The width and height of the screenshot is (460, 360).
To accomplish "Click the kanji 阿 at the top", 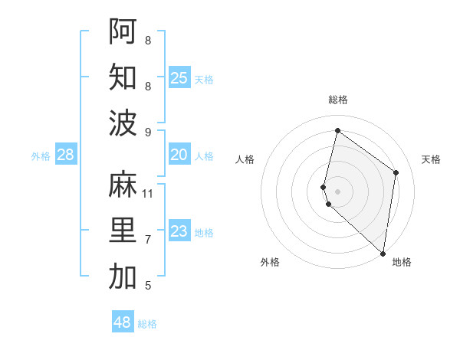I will (123, 30).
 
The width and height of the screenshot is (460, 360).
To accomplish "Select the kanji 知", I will (123, 77).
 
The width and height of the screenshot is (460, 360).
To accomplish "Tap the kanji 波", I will (123, 123).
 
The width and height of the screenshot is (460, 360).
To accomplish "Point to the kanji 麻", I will (123, 184).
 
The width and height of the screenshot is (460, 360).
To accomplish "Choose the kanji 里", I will (123, 231).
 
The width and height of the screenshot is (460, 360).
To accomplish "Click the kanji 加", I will (123, 277).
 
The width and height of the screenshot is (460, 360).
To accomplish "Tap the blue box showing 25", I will (179, 77).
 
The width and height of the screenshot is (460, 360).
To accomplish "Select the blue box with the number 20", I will (179, 155).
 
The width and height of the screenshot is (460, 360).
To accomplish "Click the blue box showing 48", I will (123, 322).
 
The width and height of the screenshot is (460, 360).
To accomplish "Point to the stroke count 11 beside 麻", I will (148, 193).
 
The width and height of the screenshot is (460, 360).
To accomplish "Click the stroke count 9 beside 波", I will (148, 132).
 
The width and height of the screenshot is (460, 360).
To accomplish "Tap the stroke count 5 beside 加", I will (148, 286).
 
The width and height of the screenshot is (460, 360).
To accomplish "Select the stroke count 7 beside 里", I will (148, 240).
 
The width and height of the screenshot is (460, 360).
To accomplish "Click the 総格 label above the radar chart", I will (337, 100).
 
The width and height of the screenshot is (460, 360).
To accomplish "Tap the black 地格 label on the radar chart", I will (402, 262).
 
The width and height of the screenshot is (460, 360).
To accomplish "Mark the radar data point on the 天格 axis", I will (396, 173).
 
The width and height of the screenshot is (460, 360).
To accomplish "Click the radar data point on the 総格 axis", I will (337, 131).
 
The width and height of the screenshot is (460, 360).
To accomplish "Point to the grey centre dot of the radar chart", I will (337, 190).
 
